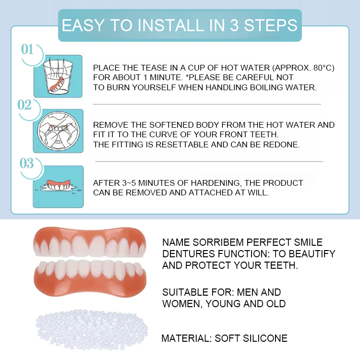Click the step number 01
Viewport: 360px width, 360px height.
click(x=27, y=49)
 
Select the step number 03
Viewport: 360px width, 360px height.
click(x=27, y=163)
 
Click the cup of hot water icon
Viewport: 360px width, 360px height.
click(x=58, y=76)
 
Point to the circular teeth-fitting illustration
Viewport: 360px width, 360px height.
click(x=58, y=131)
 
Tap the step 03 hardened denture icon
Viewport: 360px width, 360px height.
click(x=58, y=186)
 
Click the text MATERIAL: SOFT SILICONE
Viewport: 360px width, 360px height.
click(x=224, y=338)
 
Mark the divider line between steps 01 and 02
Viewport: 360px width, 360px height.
click(x=206, y=104)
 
